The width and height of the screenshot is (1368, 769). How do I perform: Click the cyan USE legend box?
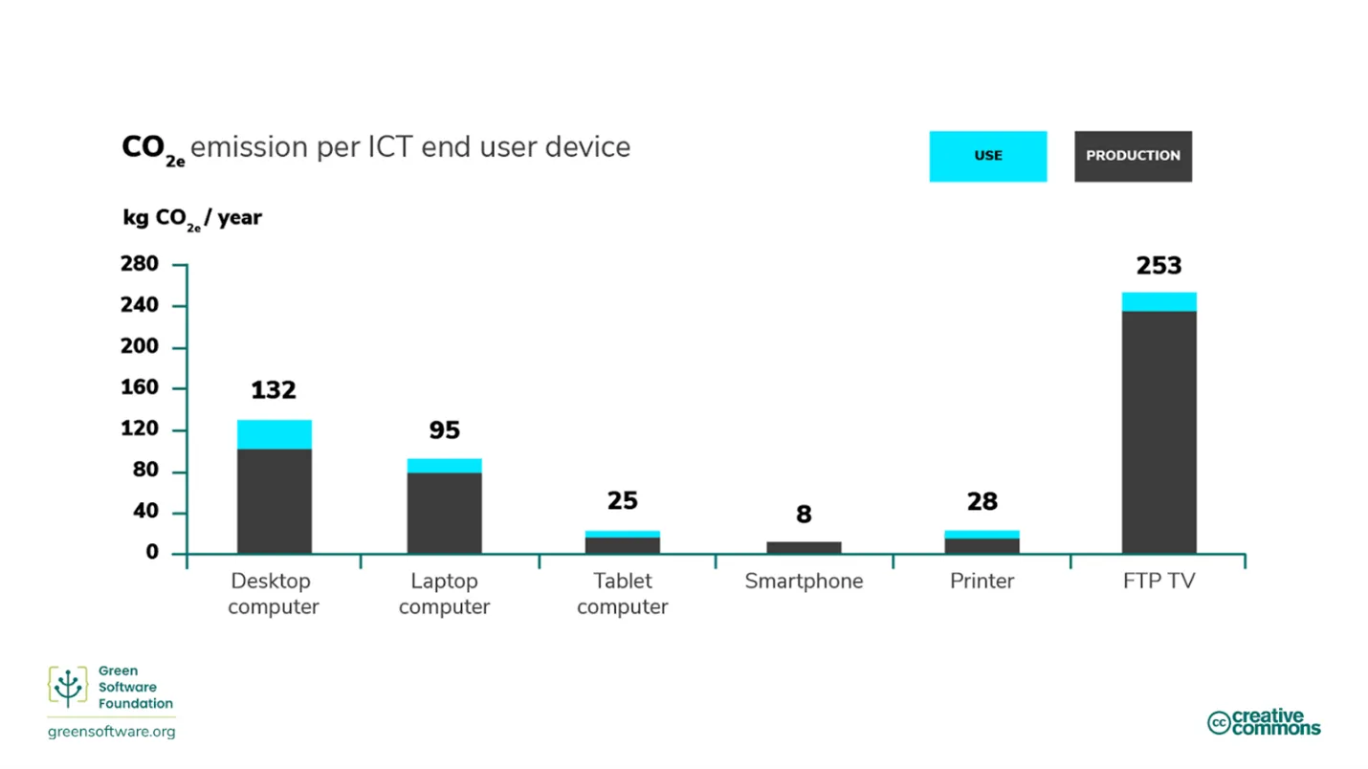click(987, 156)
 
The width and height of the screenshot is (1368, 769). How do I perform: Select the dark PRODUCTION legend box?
click(1133, 156)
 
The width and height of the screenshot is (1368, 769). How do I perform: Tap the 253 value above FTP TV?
click(1158, 266)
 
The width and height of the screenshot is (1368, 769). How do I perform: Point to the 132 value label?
click(274, 390)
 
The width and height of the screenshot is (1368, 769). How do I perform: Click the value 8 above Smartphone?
click(804, 515)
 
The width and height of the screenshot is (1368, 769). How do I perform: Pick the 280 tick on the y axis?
click(139, 265)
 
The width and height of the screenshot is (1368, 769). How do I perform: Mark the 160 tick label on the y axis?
click(139, 389)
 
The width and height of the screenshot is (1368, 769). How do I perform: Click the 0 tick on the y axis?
click(152, 554)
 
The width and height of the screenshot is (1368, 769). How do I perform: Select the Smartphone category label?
click(804, 582)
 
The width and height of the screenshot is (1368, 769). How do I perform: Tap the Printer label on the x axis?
click(982, 582)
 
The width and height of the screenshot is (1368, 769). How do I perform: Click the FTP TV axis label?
click(1158, 582)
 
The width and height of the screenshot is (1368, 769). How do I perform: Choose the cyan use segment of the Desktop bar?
click(275, 434)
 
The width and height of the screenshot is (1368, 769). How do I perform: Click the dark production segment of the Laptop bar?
click(444, 513)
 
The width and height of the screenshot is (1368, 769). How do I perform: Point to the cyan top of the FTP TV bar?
click(1158, 301)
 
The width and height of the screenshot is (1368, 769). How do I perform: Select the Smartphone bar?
click(804, 548)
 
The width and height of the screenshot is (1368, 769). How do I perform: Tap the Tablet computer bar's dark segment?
click(622, 545)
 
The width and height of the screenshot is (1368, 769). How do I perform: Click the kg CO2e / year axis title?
click(191, 218)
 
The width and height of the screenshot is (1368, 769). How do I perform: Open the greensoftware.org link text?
click(111, 732)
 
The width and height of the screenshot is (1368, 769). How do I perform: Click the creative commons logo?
click(1263, 722)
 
